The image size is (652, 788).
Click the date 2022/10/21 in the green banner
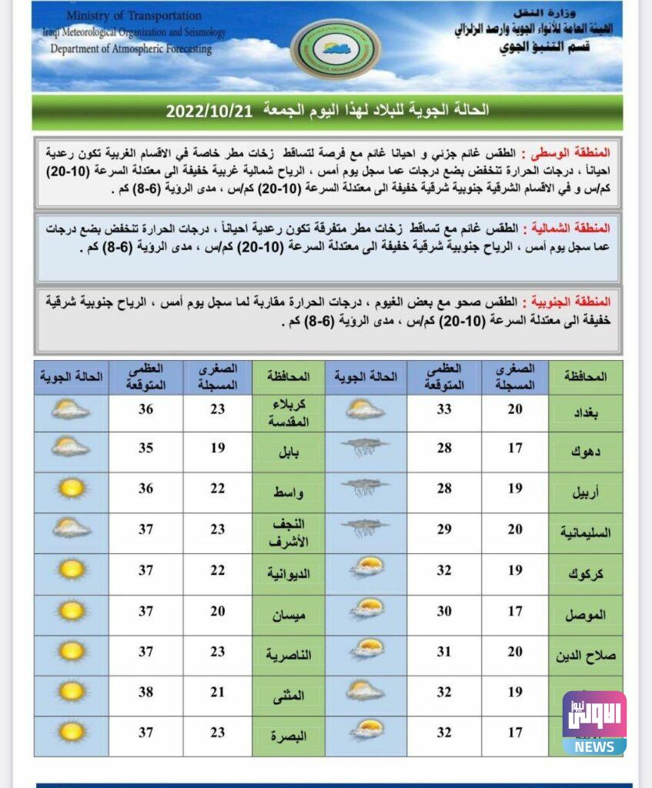(209, 111)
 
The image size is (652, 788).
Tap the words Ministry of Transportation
(133, 15)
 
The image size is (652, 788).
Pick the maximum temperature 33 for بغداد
(444, 410)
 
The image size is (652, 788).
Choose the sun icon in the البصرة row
(72, 731)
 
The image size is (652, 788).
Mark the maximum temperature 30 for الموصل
(444, 611)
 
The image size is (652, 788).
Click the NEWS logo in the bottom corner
(593, 724)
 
